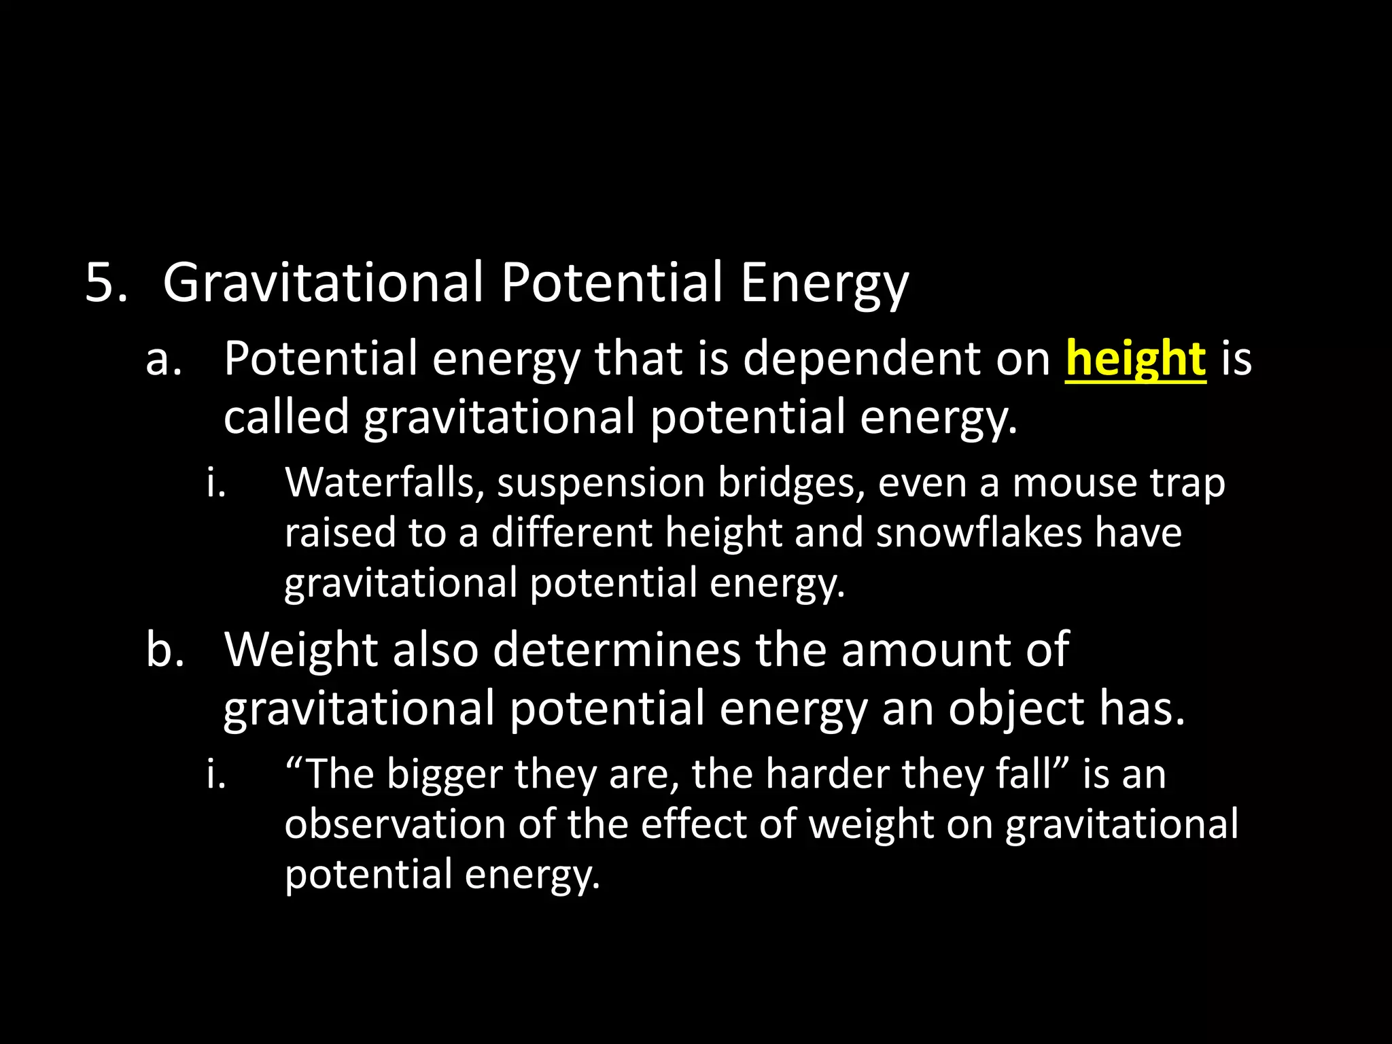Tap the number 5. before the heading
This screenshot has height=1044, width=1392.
(x=107, y=282)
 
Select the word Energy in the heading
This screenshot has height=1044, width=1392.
(x=824, y=284)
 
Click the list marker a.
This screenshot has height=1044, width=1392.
(x=164, y=359)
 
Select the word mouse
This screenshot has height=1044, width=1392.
(x=1075, y=483)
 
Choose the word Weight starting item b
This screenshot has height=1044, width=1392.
(x=300, y=651)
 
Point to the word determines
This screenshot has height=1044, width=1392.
(x=616, y=650)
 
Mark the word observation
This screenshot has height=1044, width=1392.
(x=395, y=824)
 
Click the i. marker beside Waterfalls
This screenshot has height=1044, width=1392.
(x=216, y=483)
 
